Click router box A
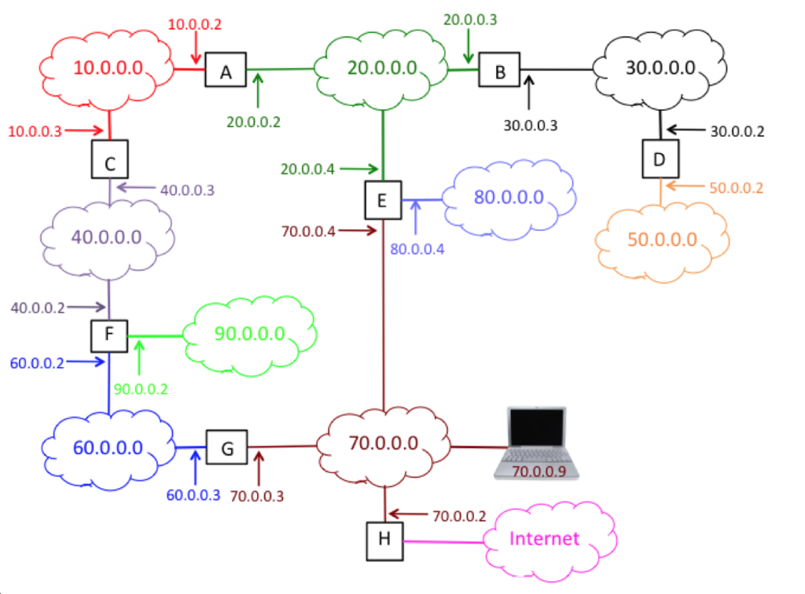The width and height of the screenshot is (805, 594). [x=226, y=70]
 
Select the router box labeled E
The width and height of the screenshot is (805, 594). [x=382, y=200]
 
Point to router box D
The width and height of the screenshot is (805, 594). [x=660, y=159]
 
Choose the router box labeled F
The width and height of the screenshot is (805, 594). [x=108, y=335]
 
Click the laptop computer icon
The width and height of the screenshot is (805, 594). [x=537, y=442]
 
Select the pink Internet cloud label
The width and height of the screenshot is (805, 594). [x=545, y=538]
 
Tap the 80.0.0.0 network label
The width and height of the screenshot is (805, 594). [x=509, y=196]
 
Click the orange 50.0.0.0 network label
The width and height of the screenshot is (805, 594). [x=662, y=239]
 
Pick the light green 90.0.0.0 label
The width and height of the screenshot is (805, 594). [x=249, y=333]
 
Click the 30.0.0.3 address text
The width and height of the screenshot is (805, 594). [x=530, y=124]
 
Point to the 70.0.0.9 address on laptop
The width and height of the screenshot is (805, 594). [x=538, y=471]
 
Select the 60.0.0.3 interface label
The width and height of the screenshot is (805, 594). [x=193, y=494]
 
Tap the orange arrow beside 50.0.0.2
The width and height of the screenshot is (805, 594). [x=683, y=187]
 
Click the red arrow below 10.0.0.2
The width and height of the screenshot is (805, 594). [x=194, y=50]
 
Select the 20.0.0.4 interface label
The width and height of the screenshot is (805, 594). [x=307, y=168]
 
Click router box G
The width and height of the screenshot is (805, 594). [x=226, y=449]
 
